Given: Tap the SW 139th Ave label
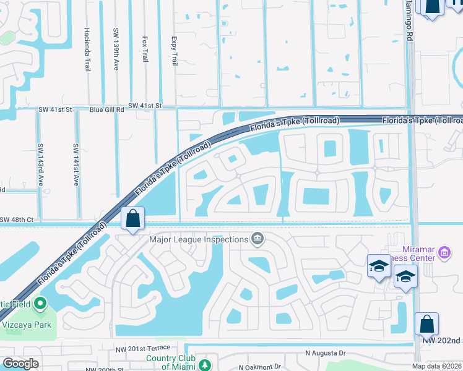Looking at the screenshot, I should click(x=116, y=48).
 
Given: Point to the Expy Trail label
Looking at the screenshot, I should click(x=174, y=51).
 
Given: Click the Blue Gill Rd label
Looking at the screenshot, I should click(x=107, y=109).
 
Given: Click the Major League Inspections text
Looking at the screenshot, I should click(x=198, y=239).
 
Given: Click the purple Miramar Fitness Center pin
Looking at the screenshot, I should click(x=444, y=252).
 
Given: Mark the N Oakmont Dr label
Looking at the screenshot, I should click(x=259, y=366).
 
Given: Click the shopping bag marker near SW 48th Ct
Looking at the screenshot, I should click(x=133, y=218).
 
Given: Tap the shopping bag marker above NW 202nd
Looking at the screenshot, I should click(x=427, y=323).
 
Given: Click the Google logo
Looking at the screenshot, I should click(x=21, y=364).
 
